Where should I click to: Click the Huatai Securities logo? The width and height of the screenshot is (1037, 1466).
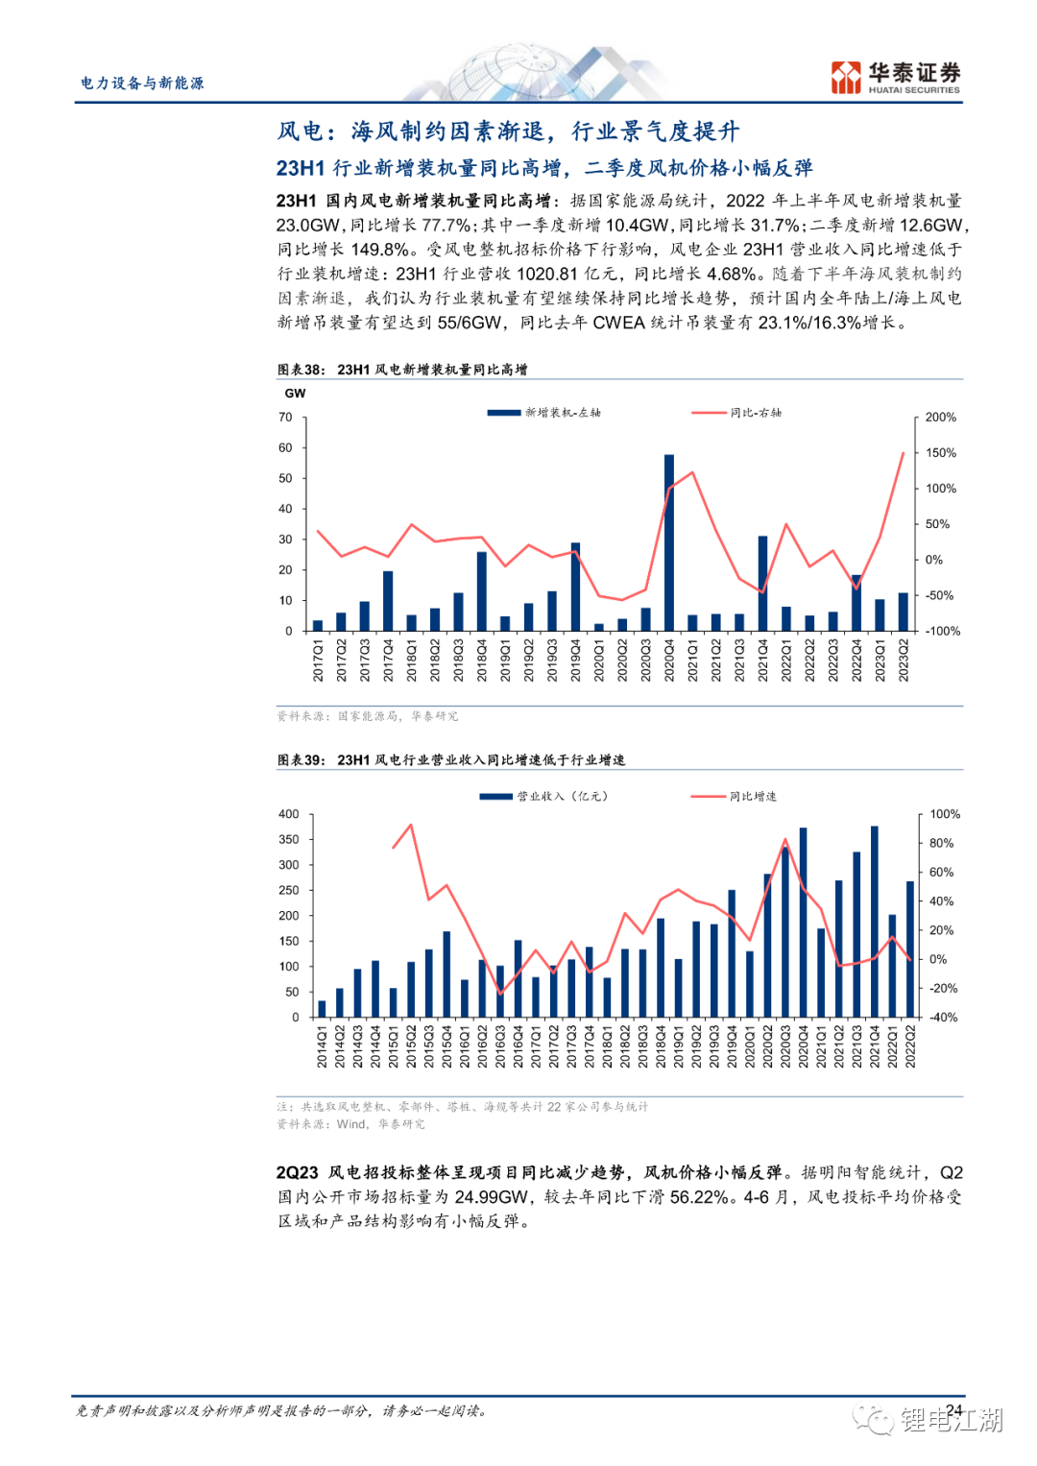[895, 78]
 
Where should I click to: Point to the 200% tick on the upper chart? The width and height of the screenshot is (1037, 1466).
[940, 418]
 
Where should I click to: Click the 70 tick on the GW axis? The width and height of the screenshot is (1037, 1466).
[285, 418]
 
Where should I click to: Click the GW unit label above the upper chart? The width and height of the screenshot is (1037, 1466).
[295, 394]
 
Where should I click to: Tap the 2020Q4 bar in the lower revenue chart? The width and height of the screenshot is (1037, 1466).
[803, 922]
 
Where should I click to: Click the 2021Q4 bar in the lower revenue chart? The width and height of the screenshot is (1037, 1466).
[874, 921]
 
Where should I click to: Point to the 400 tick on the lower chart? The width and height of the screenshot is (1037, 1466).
[288, 814]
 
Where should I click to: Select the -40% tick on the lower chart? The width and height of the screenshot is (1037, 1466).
[943, 1018]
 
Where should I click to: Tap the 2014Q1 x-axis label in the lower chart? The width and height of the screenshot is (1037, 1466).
[322, 1046]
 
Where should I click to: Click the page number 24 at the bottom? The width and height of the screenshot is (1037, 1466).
[953, 1410]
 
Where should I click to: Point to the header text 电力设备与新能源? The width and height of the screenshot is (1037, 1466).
[142, 84]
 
